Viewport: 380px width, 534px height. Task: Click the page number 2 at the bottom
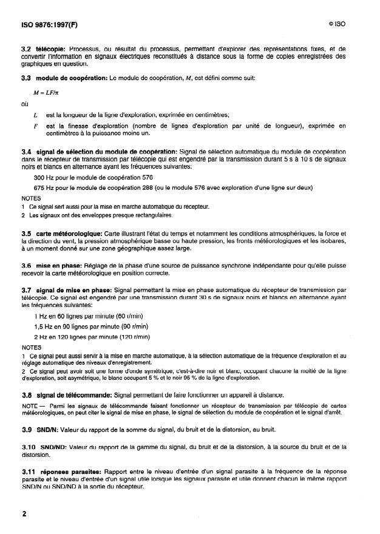[x=24, y=514]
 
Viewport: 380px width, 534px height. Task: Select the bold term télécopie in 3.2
[x=50, y=47]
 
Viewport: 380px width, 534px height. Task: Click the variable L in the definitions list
[x=36, y=115]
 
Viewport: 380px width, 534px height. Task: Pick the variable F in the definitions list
[x=36, y=126]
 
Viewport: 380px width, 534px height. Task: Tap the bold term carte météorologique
[x=69, y=233]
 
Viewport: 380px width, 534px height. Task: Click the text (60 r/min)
[x=129, y=317]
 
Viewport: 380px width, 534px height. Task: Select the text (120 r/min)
[x=135, y=336]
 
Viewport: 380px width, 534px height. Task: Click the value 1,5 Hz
[x=46, y=326]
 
